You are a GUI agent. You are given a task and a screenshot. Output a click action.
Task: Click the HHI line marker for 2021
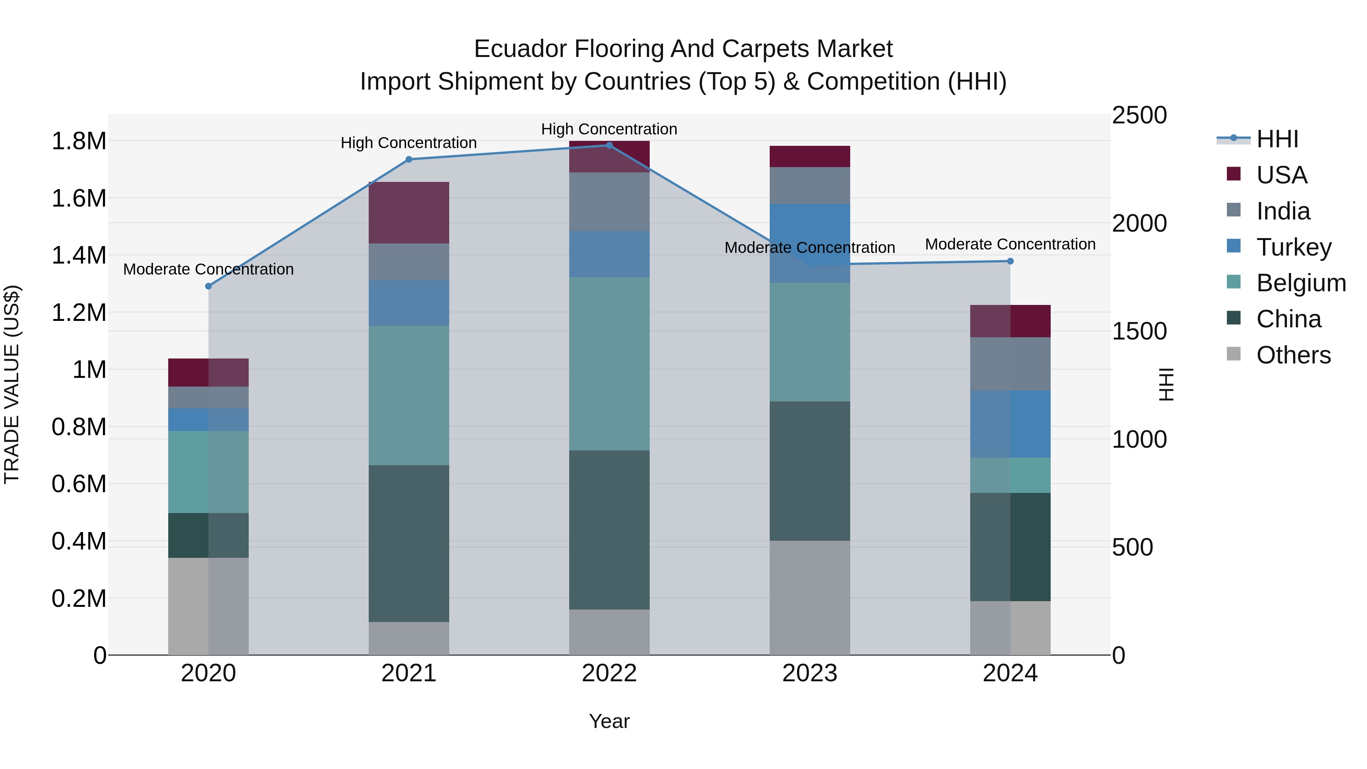tap(409, 159)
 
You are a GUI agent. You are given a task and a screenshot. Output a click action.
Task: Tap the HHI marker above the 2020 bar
tap(208, 286)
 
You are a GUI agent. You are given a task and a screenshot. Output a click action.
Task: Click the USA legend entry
tap(1281, 175)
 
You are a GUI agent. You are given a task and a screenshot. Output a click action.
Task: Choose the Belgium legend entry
tap(1301, 283)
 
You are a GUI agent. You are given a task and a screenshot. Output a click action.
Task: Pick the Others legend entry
tap(1293, 355)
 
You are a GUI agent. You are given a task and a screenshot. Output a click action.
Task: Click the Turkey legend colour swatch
tap(1234, 246)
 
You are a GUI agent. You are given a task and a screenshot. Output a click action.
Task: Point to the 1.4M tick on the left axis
tap(79, 255)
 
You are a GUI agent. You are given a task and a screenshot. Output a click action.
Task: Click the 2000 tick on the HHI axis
tap(1139, 223)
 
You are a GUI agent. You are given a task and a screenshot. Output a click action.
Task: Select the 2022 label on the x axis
tap(609, 673)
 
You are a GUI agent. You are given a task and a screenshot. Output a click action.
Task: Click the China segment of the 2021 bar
tap(409, 543)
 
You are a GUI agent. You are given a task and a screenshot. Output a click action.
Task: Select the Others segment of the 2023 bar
tap(810, 598)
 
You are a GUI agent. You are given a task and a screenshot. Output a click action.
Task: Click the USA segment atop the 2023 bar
tap(810, 156)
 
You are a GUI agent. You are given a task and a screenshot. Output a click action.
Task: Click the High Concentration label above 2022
tap(609, 129)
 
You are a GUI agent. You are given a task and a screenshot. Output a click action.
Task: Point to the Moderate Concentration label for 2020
tap(208, 269)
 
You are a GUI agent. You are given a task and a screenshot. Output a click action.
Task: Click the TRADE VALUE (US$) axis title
tap(12, 384)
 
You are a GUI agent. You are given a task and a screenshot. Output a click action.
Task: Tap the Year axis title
tap(609, 721)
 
